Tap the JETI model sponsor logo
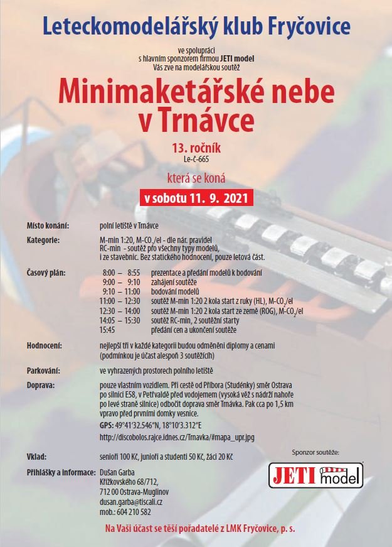click(x=316, y=475)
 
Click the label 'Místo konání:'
click(x=48, y=225)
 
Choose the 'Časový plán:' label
click(x=47, y=272)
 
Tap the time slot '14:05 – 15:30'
click(x=119, y=320)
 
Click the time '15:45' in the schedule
click(x=107, y=328)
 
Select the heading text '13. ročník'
click(x=196, y=149)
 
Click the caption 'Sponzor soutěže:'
click(x=316, y=452)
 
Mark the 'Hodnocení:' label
click(x=46, y=345)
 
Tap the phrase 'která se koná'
click(x=196, y=178)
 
